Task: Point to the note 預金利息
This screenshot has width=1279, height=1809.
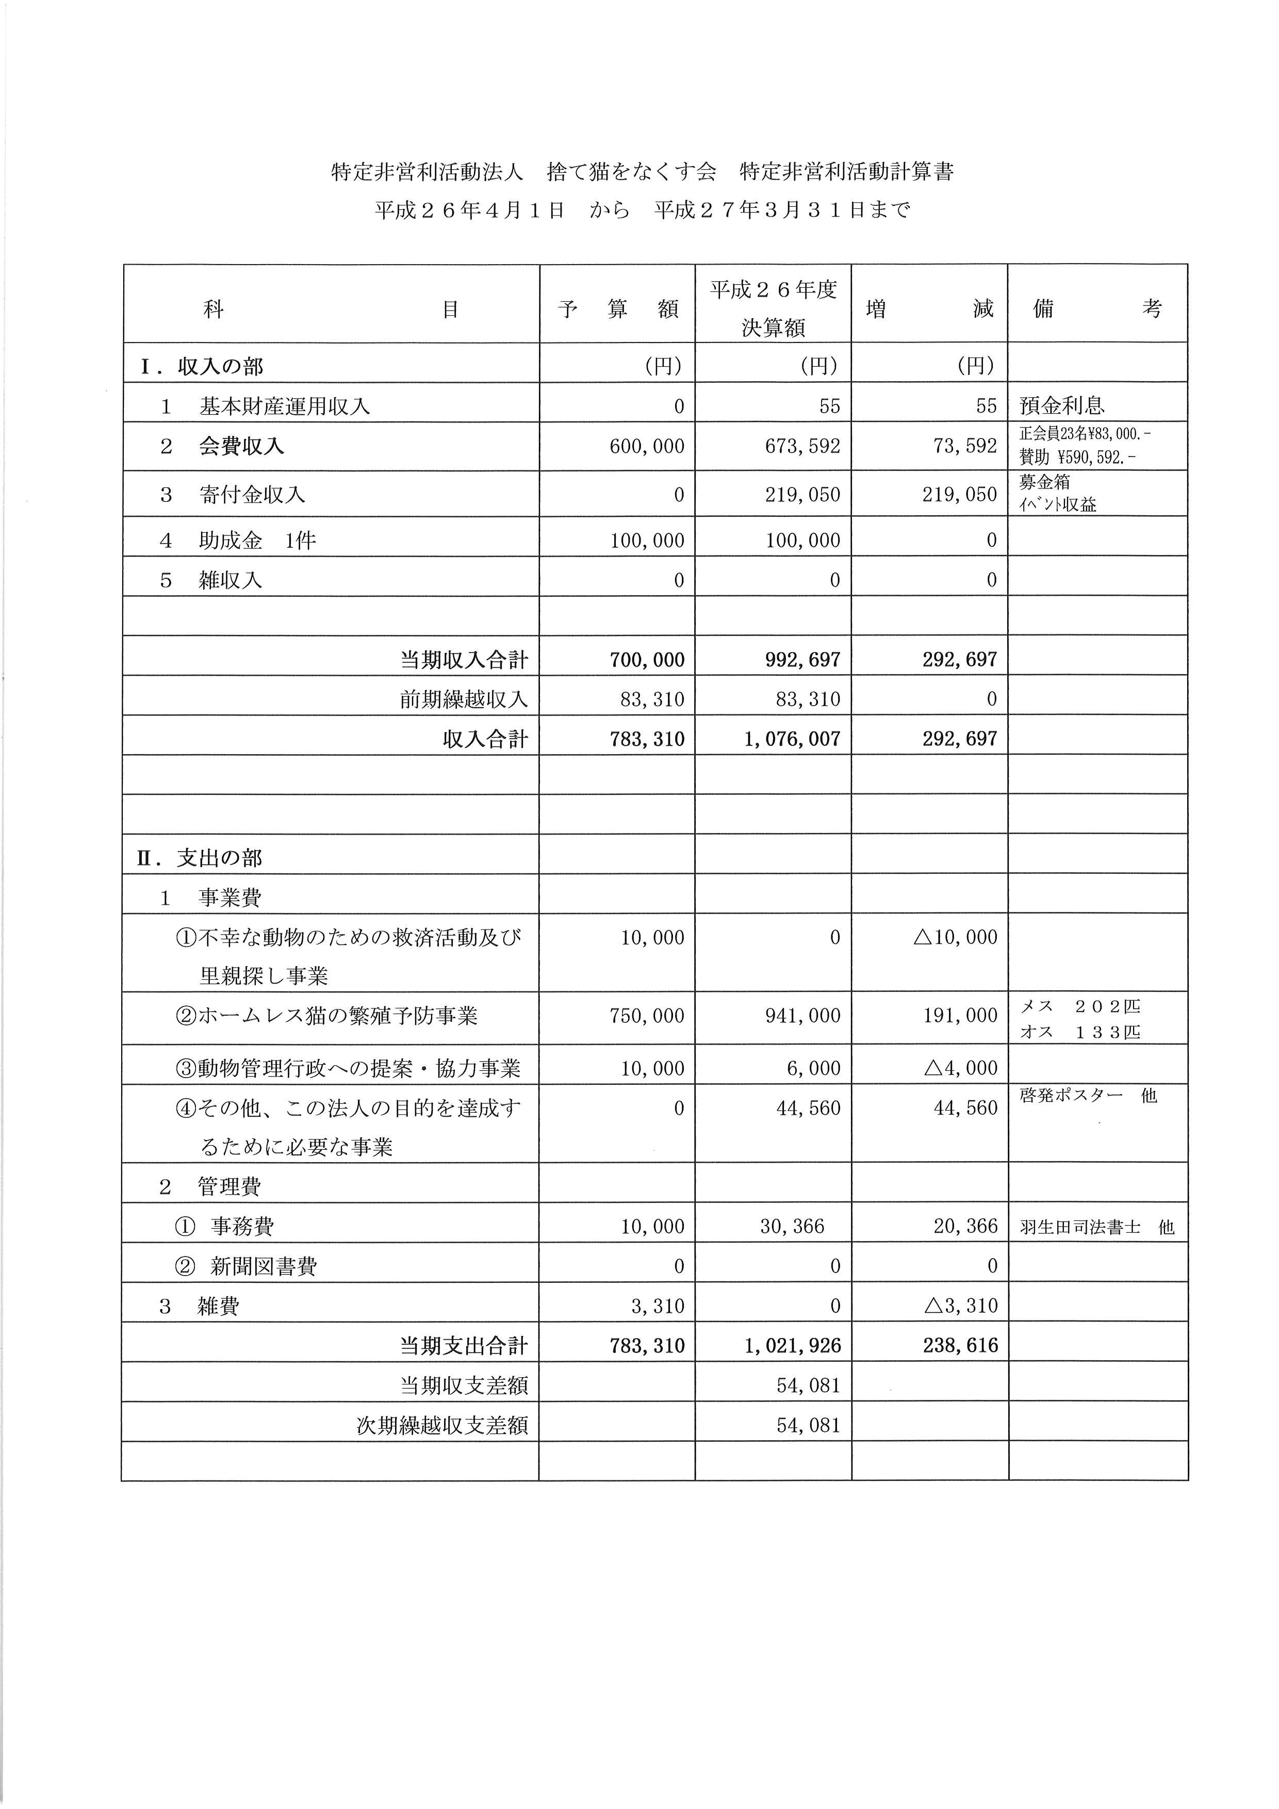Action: coord(1062,406)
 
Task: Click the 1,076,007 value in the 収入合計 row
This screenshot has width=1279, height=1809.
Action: coord(792,739)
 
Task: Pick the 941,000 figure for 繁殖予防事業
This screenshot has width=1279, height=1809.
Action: coord(802,1016)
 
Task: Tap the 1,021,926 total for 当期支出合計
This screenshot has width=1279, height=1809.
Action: coord(792,1346)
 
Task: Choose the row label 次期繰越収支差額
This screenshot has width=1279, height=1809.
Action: coord(442,1425)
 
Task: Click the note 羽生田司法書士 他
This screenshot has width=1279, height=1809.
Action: coord(1096,1227)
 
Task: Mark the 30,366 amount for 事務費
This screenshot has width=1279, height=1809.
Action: coord(792,1226)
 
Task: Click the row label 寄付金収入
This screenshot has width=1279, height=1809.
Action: coord(252,495)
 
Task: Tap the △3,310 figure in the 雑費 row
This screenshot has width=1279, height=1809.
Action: coord(960,1306)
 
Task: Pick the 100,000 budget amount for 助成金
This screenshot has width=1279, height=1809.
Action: coord(647,541)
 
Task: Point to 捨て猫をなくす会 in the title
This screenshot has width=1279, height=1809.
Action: coord(632,172)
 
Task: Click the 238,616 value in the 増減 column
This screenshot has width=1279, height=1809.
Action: coord(960,1346)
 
